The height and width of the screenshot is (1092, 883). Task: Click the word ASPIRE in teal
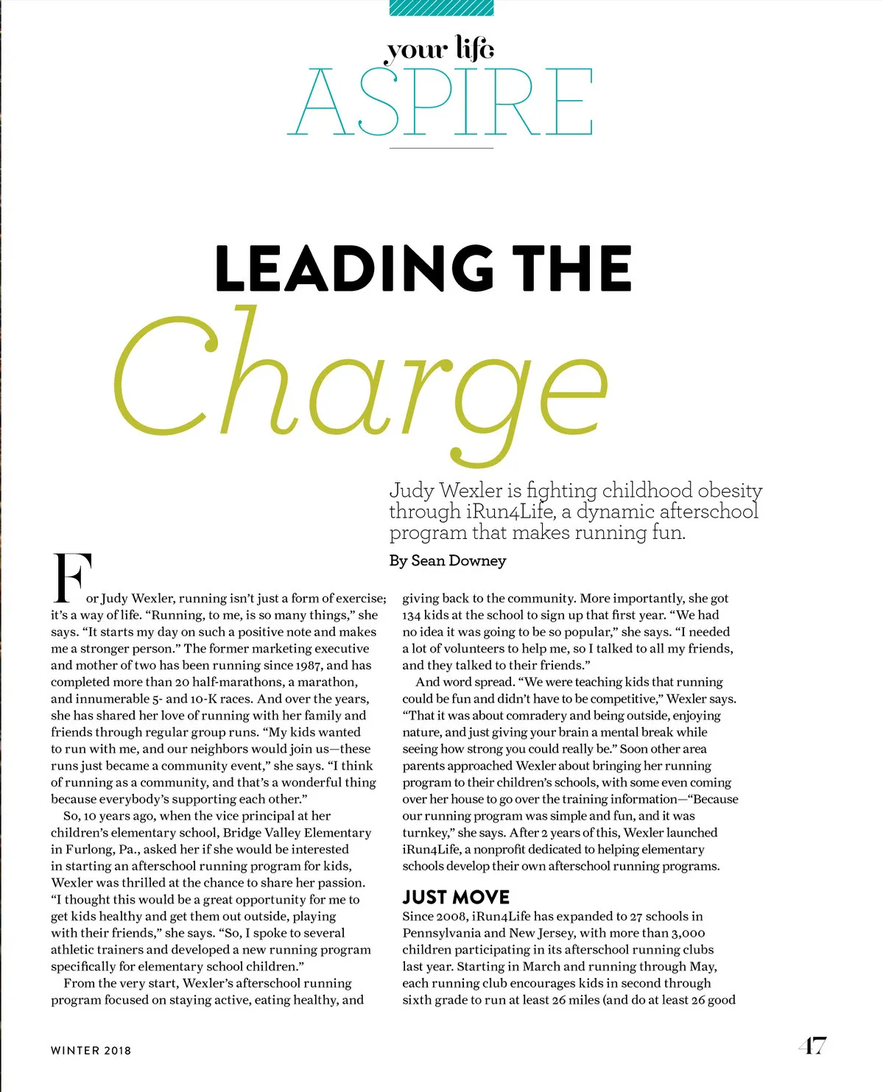point(440,102)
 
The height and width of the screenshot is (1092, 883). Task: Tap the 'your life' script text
point(440,49)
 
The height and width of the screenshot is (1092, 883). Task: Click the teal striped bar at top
point(440,7)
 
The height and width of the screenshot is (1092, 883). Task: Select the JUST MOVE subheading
point(456,897)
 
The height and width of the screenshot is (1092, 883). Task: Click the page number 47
point(812,1046)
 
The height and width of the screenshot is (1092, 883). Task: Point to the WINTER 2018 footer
point(91,1051)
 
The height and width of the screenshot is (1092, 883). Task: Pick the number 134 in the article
point(412,616)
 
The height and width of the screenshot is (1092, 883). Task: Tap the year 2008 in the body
point(452,917)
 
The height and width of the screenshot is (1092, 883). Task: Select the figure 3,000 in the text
point(688,934)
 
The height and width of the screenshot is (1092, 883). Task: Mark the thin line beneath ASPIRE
point(440,148)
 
